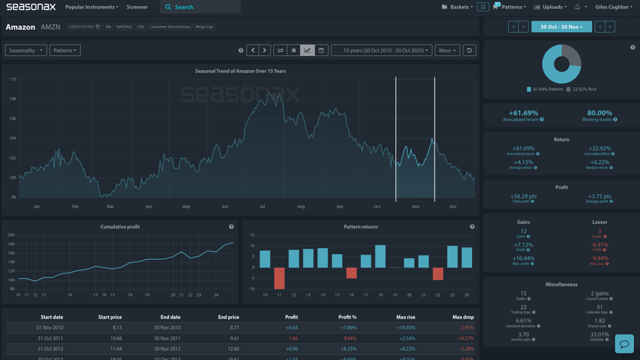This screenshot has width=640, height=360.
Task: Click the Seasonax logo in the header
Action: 31,7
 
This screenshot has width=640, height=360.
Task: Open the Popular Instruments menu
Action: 91,7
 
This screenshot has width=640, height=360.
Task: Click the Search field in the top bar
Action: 200,7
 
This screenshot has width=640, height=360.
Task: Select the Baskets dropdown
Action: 457,7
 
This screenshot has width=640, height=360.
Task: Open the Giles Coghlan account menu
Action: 613,7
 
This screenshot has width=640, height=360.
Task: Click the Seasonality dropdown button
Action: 26,50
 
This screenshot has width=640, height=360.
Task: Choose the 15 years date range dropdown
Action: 382,50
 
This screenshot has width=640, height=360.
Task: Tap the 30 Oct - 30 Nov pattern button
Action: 561,27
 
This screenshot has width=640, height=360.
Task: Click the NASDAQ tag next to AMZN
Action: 124,27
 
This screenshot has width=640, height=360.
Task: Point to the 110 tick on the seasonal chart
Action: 13,79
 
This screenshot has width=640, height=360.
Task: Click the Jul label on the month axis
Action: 262,207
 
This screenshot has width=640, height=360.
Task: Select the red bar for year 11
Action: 279,278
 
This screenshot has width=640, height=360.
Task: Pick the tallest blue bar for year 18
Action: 380,257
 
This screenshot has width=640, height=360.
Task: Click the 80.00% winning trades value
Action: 599,113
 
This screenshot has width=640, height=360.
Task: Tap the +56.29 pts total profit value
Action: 523,197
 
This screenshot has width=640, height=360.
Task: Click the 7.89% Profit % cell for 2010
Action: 348,327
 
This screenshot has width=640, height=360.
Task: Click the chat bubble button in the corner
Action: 624,344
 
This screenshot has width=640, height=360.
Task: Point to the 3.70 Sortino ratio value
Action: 523,335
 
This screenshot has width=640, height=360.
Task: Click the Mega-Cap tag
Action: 204,27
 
